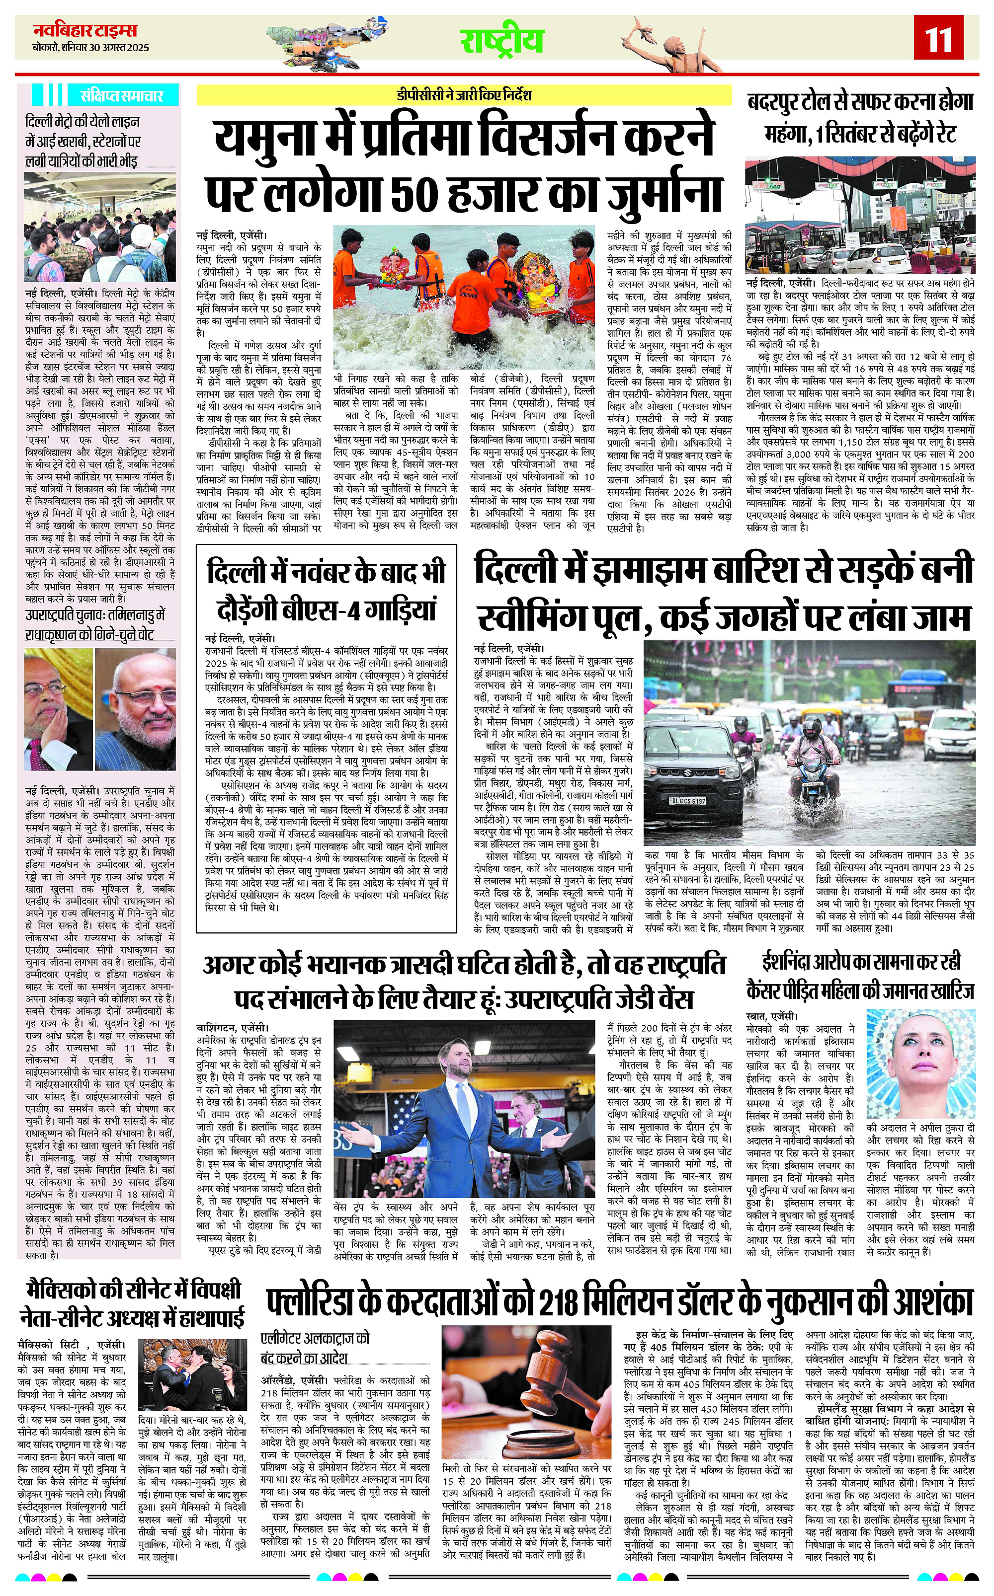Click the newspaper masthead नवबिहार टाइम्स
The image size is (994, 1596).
point(85,31)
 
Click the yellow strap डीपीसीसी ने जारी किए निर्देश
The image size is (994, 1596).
point(464,95)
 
